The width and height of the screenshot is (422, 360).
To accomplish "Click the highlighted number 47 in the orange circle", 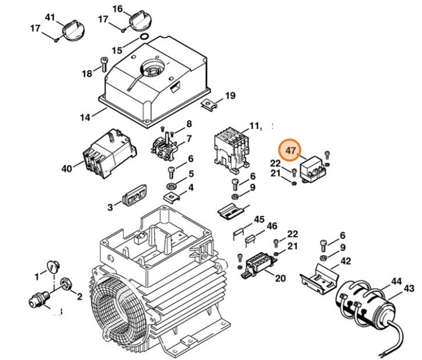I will [x=291, y=152].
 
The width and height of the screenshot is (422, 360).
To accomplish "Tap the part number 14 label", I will [x=85, y=117].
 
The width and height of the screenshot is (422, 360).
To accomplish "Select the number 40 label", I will [x=67, y=168].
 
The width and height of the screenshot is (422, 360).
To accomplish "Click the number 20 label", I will [x=280, y=279].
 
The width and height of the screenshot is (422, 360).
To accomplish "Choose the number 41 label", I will [x=50, y=18].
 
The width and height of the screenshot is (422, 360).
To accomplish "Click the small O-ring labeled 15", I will [x=144, y=39].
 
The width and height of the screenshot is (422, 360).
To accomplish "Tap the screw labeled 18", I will [x=104, y=65].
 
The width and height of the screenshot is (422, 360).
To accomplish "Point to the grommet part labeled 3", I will [x=133, y=198].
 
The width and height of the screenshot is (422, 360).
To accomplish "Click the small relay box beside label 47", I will [x=312, y=166].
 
